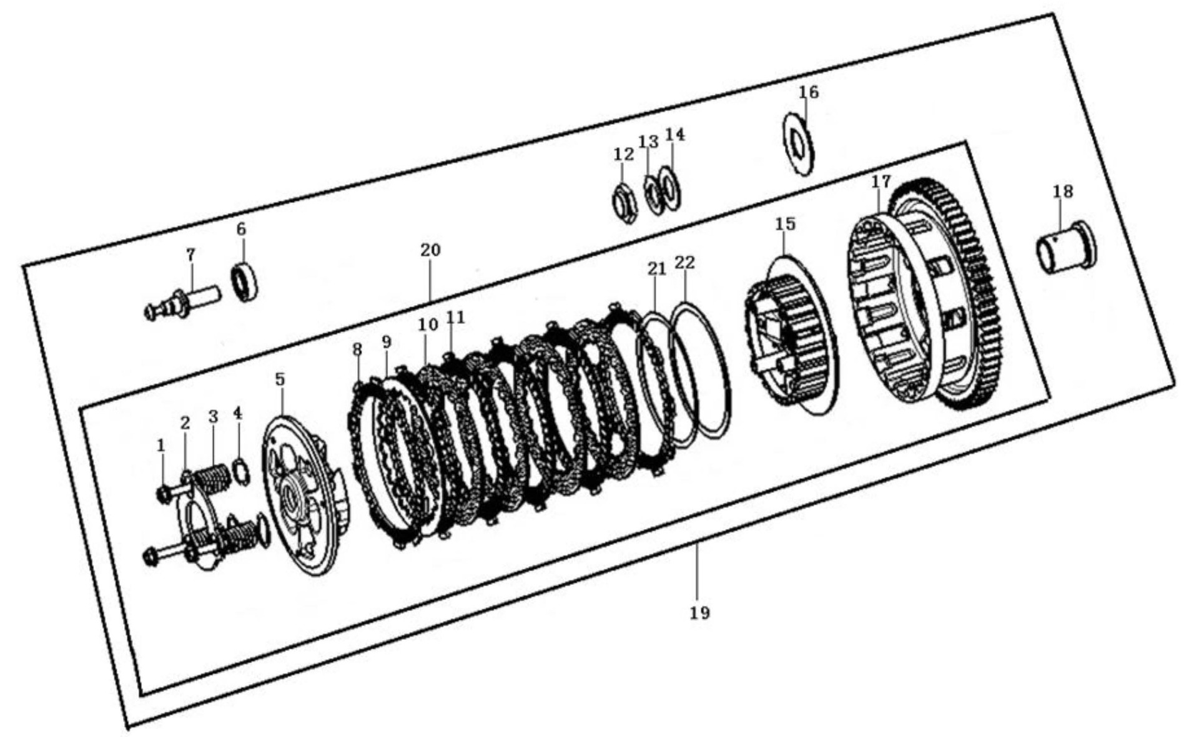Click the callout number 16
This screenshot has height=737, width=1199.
pos(808,92)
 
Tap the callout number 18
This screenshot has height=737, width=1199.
pos(1063,192)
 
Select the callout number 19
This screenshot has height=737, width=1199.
pos(700,613)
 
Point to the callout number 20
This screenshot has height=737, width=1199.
pos(430,250)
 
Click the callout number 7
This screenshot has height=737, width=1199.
pos(190,255)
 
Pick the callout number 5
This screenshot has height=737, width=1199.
pos(280,379)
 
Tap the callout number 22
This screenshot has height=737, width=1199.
pos(684,263)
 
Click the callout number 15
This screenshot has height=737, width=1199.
pos(786,223)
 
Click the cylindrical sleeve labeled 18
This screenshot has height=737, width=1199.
pos(1067,248)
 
